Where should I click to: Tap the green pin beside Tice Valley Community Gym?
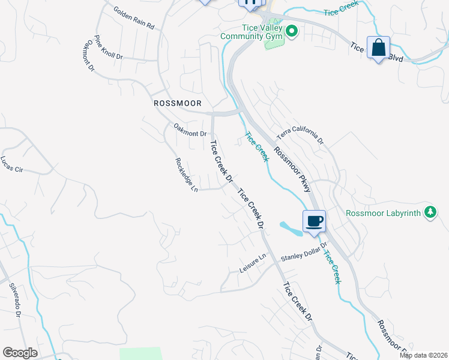(292, 31)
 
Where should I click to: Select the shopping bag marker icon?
(379, 48)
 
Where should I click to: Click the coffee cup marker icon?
(314, 221)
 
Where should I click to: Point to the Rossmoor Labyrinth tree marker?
(430, 212)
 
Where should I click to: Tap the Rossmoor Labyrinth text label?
(384, 213)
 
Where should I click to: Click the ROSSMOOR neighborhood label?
(176, 103)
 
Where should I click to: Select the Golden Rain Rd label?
(134, 19)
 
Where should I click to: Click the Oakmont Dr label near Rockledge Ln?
(190, 130)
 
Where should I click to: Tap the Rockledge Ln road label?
(186, 175)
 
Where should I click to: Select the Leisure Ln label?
(253, 262)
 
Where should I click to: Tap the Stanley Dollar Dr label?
(303, 253)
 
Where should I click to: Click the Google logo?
(20, 353)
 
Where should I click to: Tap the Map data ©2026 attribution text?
(423, 355)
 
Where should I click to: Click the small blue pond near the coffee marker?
(291, 229)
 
